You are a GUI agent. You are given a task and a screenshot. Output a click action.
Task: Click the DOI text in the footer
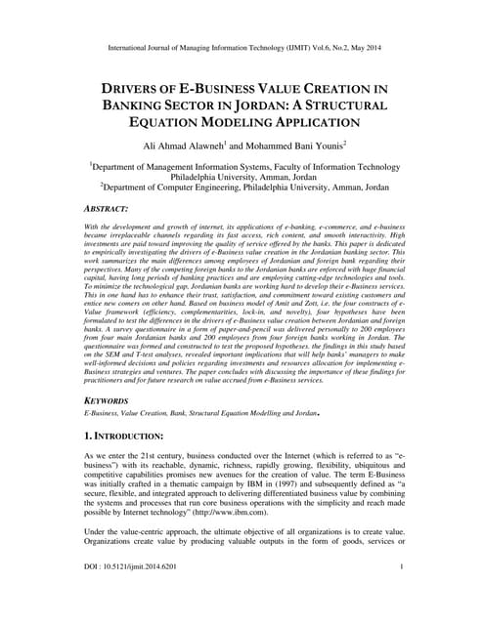tap(136, 594)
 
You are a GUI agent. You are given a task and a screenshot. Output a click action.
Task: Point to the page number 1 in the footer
tap(402, 594)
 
